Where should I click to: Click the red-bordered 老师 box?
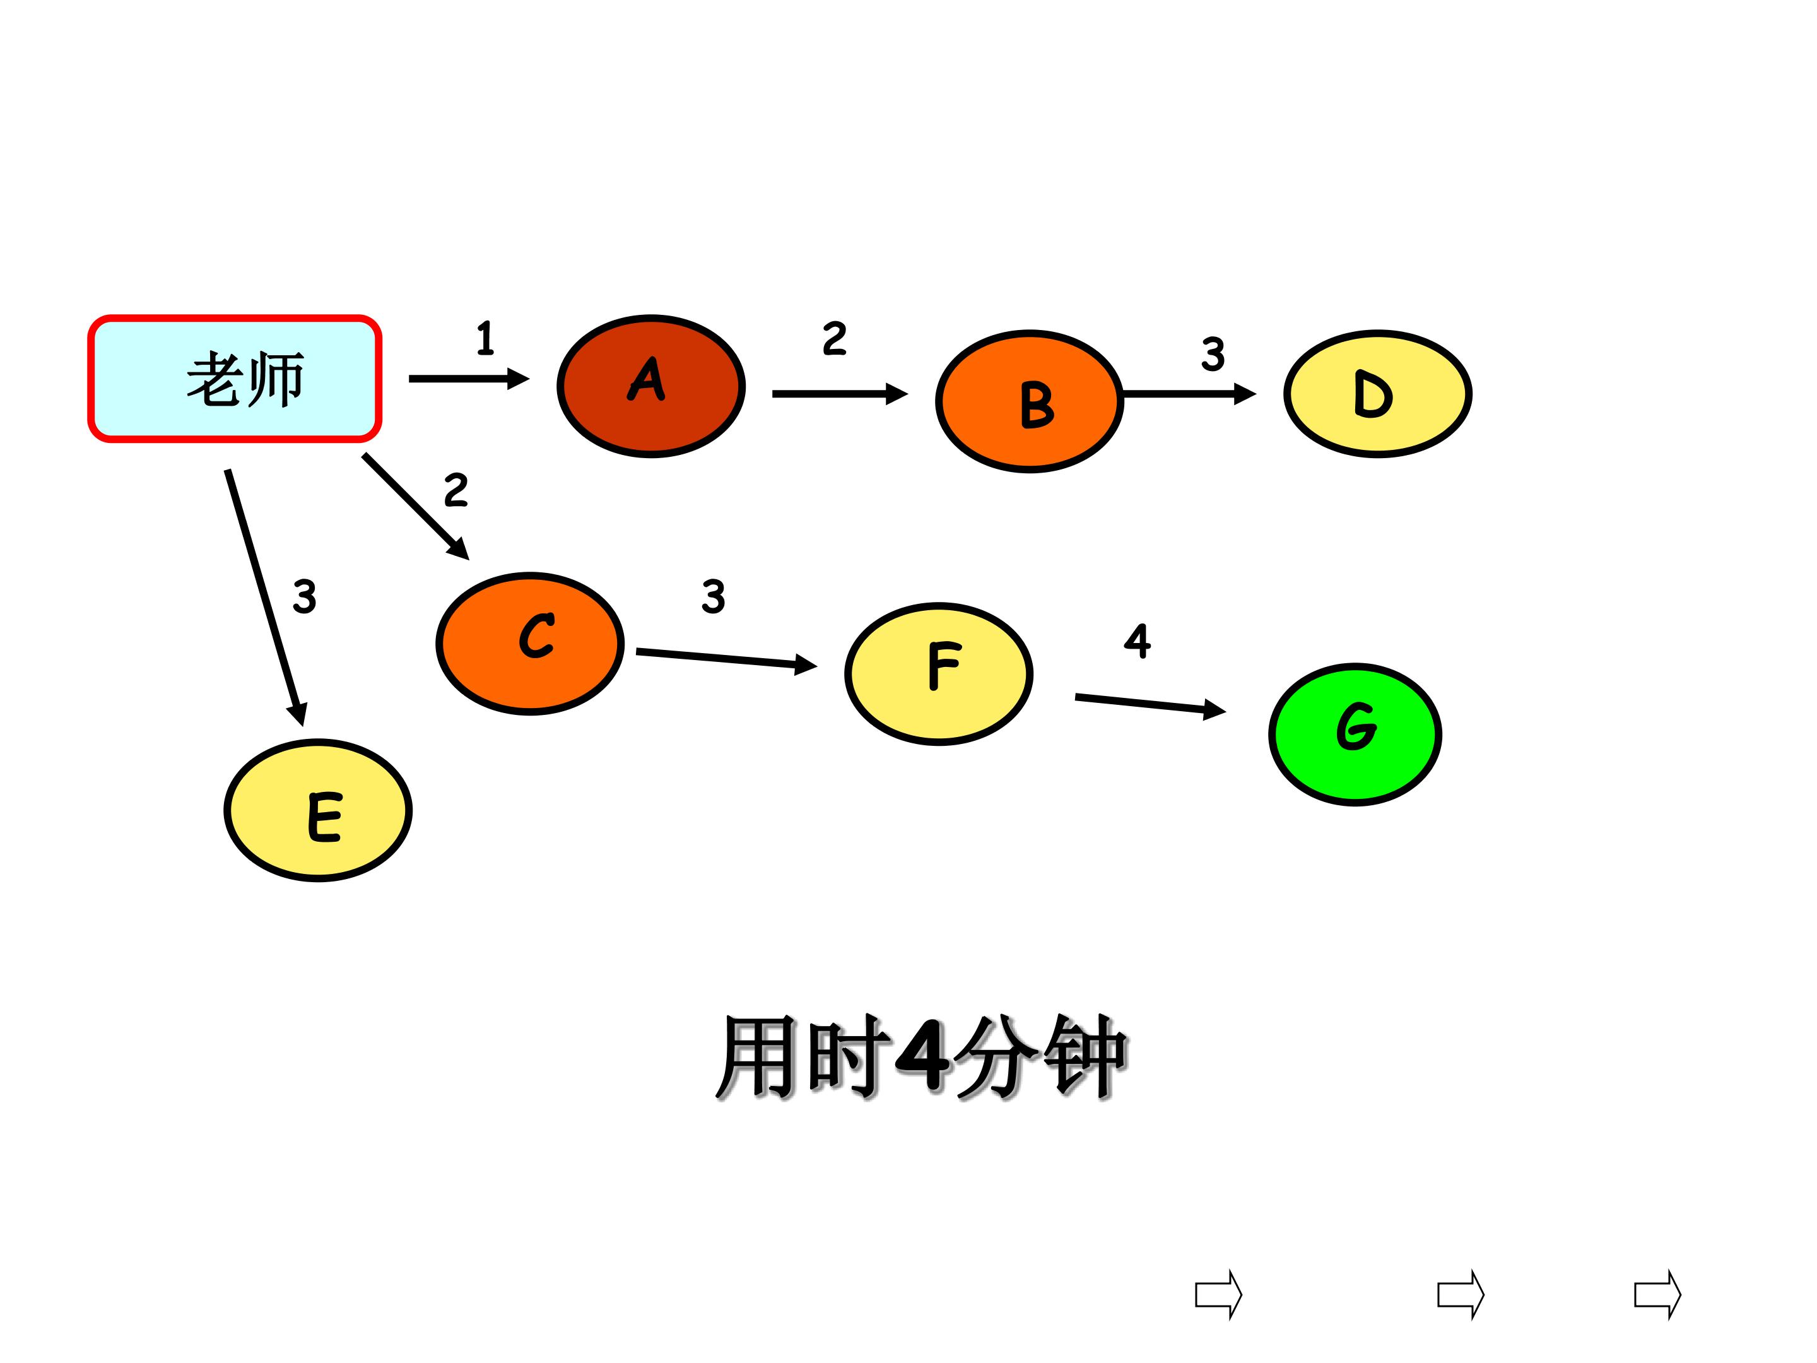coord(235,379)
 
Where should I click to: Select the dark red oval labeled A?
coord(650,386)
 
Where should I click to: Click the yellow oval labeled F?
coord(939,674)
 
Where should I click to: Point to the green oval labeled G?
coord(1355,734)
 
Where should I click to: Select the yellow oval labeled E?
coord(318,810)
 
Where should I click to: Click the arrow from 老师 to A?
coord(469,379)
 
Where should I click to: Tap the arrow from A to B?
coord(840,394)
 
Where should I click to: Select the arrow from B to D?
coord(1189,394)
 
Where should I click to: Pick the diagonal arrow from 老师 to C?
coord(416,507)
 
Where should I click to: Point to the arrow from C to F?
coord(727,659)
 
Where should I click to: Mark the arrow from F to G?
coord(1150,705)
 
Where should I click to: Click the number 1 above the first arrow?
coord(485,338)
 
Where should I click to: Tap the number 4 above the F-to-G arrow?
coord(1138,641)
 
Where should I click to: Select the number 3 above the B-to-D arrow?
coord(1213,354)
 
